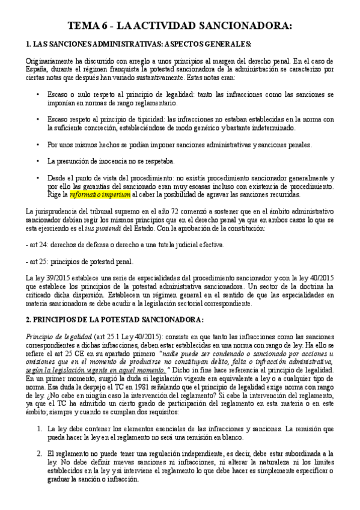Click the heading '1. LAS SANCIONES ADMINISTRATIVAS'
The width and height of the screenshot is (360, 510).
click(x=138, y=46)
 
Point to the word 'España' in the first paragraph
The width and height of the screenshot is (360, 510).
click(x=40, y=69)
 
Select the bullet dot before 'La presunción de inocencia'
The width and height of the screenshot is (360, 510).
click(x=38, y=161)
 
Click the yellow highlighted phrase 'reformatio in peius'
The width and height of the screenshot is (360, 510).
click(x=100, y=195)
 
